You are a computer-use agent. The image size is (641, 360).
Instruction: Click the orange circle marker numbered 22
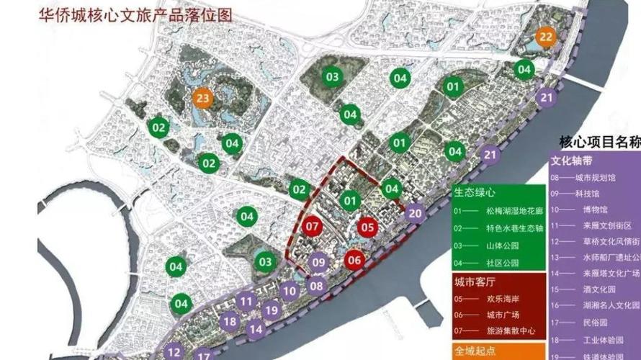pyautogui.click(x=547, y=37)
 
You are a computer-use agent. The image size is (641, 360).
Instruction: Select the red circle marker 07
pyautogui.click(x=313, y=227)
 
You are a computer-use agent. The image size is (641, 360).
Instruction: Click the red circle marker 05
pyautogui.click(x=367, y=227)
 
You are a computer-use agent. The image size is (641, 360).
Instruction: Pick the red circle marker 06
pyautogui.click(x=354, y=260)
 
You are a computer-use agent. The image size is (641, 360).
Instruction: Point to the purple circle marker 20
pyautogui.click(x=415, y=212)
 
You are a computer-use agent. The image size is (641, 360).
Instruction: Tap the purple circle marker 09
pyautogui.click(x=320, y=263)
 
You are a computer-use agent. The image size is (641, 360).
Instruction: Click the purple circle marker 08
pyautogui.click(x=317, y=285)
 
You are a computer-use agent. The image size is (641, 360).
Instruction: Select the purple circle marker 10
pyautogui.click(x=290, y=291)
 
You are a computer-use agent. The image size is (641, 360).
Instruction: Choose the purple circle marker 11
pyautogui.click(x=247, y=302)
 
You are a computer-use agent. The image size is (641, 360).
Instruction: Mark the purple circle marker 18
pyautogui.click(x=230, y=322)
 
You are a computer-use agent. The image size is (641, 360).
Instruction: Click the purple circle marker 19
pyautogui.click(x=271, y=310)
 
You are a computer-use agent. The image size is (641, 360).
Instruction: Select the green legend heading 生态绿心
pyautogui.click(x=475, y=193)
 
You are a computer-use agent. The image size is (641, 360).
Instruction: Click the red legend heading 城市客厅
pyautogui.click(x=475, y=281)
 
